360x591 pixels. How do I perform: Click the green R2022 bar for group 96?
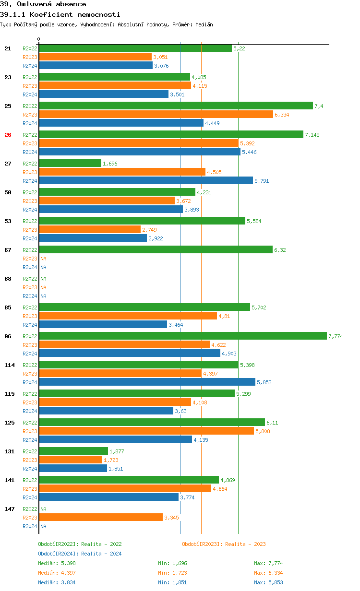point(182,336)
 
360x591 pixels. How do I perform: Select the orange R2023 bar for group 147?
point(101,518)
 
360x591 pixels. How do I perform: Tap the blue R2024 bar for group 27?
point(146,181)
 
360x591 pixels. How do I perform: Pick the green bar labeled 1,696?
point(70,164)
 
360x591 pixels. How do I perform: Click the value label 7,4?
point(318,106)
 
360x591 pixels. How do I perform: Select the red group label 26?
point(8,135)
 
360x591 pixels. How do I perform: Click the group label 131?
point(9,451)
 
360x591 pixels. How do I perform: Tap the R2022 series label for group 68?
point(30,279)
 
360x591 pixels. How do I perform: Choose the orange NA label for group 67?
point(43,259)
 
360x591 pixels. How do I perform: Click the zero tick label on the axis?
point(39,39)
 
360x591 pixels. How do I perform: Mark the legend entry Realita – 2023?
point(224,544)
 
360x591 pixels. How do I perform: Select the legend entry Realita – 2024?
point(80,554)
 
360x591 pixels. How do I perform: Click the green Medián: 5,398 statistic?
point(57,563)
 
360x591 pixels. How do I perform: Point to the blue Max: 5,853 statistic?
point(268,582)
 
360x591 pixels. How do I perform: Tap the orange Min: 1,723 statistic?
point(172,573)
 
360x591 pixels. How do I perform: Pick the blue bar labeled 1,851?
point(73,469)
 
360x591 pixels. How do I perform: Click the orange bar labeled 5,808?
point(146,431)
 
